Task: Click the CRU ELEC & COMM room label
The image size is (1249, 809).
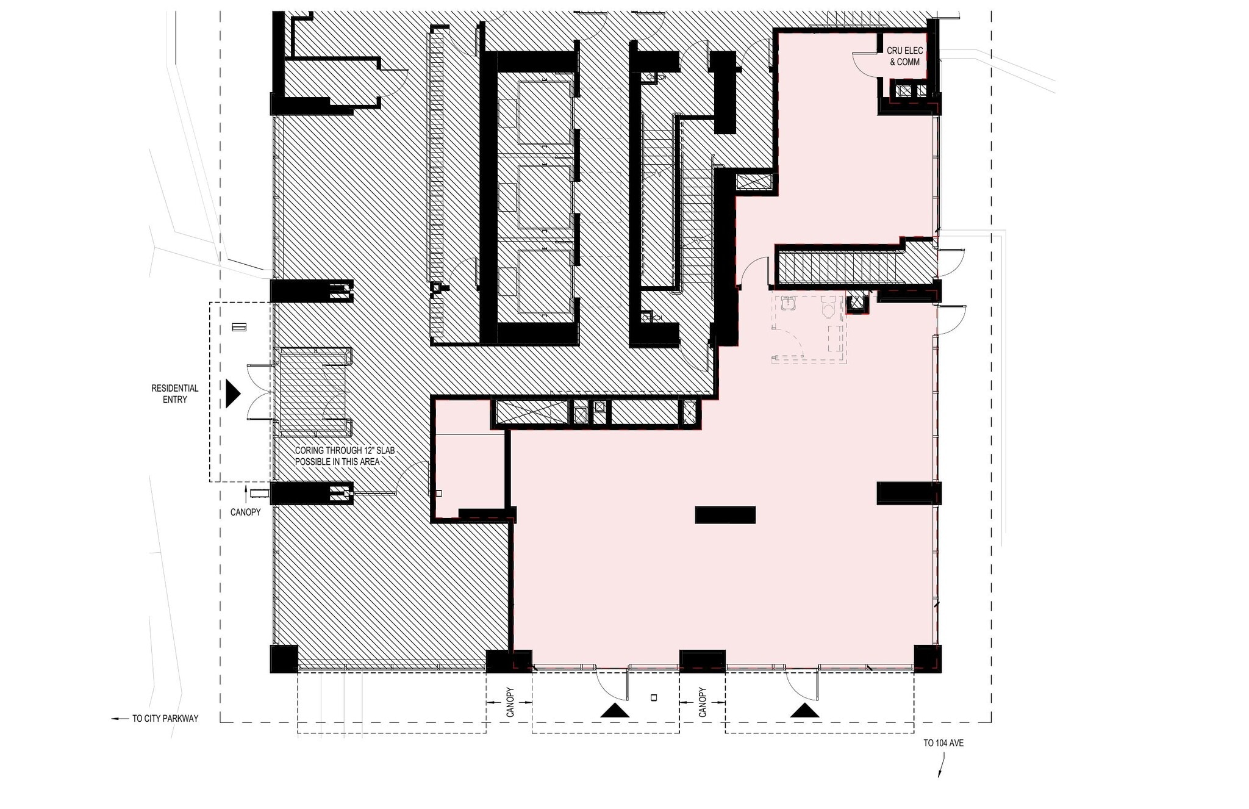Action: (x=904, y=56)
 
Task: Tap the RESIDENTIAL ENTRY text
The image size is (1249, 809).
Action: (x=175, y=394)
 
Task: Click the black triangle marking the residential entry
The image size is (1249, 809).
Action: (x=232, y=394)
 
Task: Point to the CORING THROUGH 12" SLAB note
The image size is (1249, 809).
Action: (x=345, y=456)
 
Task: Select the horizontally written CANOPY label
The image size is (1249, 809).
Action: (x=245, y=512)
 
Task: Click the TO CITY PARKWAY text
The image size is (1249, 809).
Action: (x=165, y=719)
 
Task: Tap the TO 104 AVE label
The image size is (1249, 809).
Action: (x=943, y=743)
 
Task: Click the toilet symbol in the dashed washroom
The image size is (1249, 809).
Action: (x=828, y=309)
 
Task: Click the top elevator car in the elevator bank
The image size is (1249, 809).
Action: (x=545, y=113)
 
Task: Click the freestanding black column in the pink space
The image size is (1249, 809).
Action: (x=725, y=515)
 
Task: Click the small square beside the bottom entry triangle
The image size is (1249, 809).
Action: (x=654, y=697)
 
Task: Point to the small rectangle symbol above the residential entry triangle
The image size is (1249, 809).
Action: (x=239, y=327)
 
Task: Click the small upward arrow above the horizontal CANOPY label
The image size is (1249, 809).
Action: (x=246, y=490)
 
